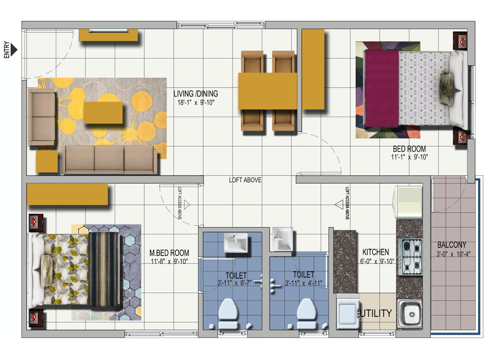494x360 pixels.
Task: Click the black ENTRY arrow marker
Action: coord(14,49)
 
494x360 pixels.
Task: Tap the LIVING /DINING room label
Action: coord(195,94)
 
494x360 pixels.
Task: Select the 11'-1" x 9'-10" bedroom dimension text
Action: coord(409,157)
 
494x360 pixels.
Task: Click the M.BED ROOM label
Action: coord(169,253)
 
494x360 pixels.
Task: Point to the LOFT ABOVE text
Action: coord(245,180)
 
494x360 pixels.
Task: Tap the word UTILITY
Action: coord(376,313)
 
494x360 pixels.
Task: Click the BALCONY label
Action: coord(452,245)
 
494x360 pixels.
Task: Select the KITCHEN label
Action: coord(375,252)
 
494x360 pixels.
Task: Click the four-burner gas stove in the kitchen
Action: coord(410,257)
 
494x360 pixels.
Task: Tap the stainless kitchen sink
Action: coord(410,314)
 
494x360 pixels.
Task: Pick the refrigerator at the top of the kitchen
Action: coord(408,202)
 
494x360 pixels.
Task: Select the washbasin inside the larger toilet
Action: coord(236,243)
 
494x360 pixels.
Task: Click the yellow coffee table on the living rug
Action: coord(103,112)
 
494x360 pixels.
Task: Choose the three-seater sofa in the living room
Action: coord(110,159)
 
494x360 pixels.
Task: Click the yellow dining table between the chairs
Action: coord(268,91)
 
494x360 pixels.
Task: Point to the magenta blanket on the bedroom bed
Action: coord(381,88)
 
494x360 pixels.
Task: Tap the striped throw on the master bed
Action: coord(104,269)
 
